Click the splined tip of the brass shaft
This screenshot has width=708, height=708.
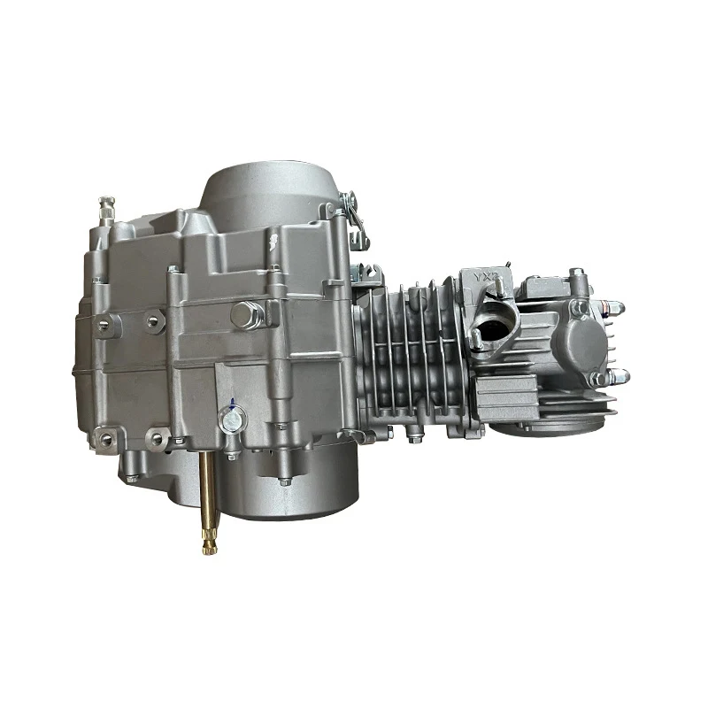(205, 540)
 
